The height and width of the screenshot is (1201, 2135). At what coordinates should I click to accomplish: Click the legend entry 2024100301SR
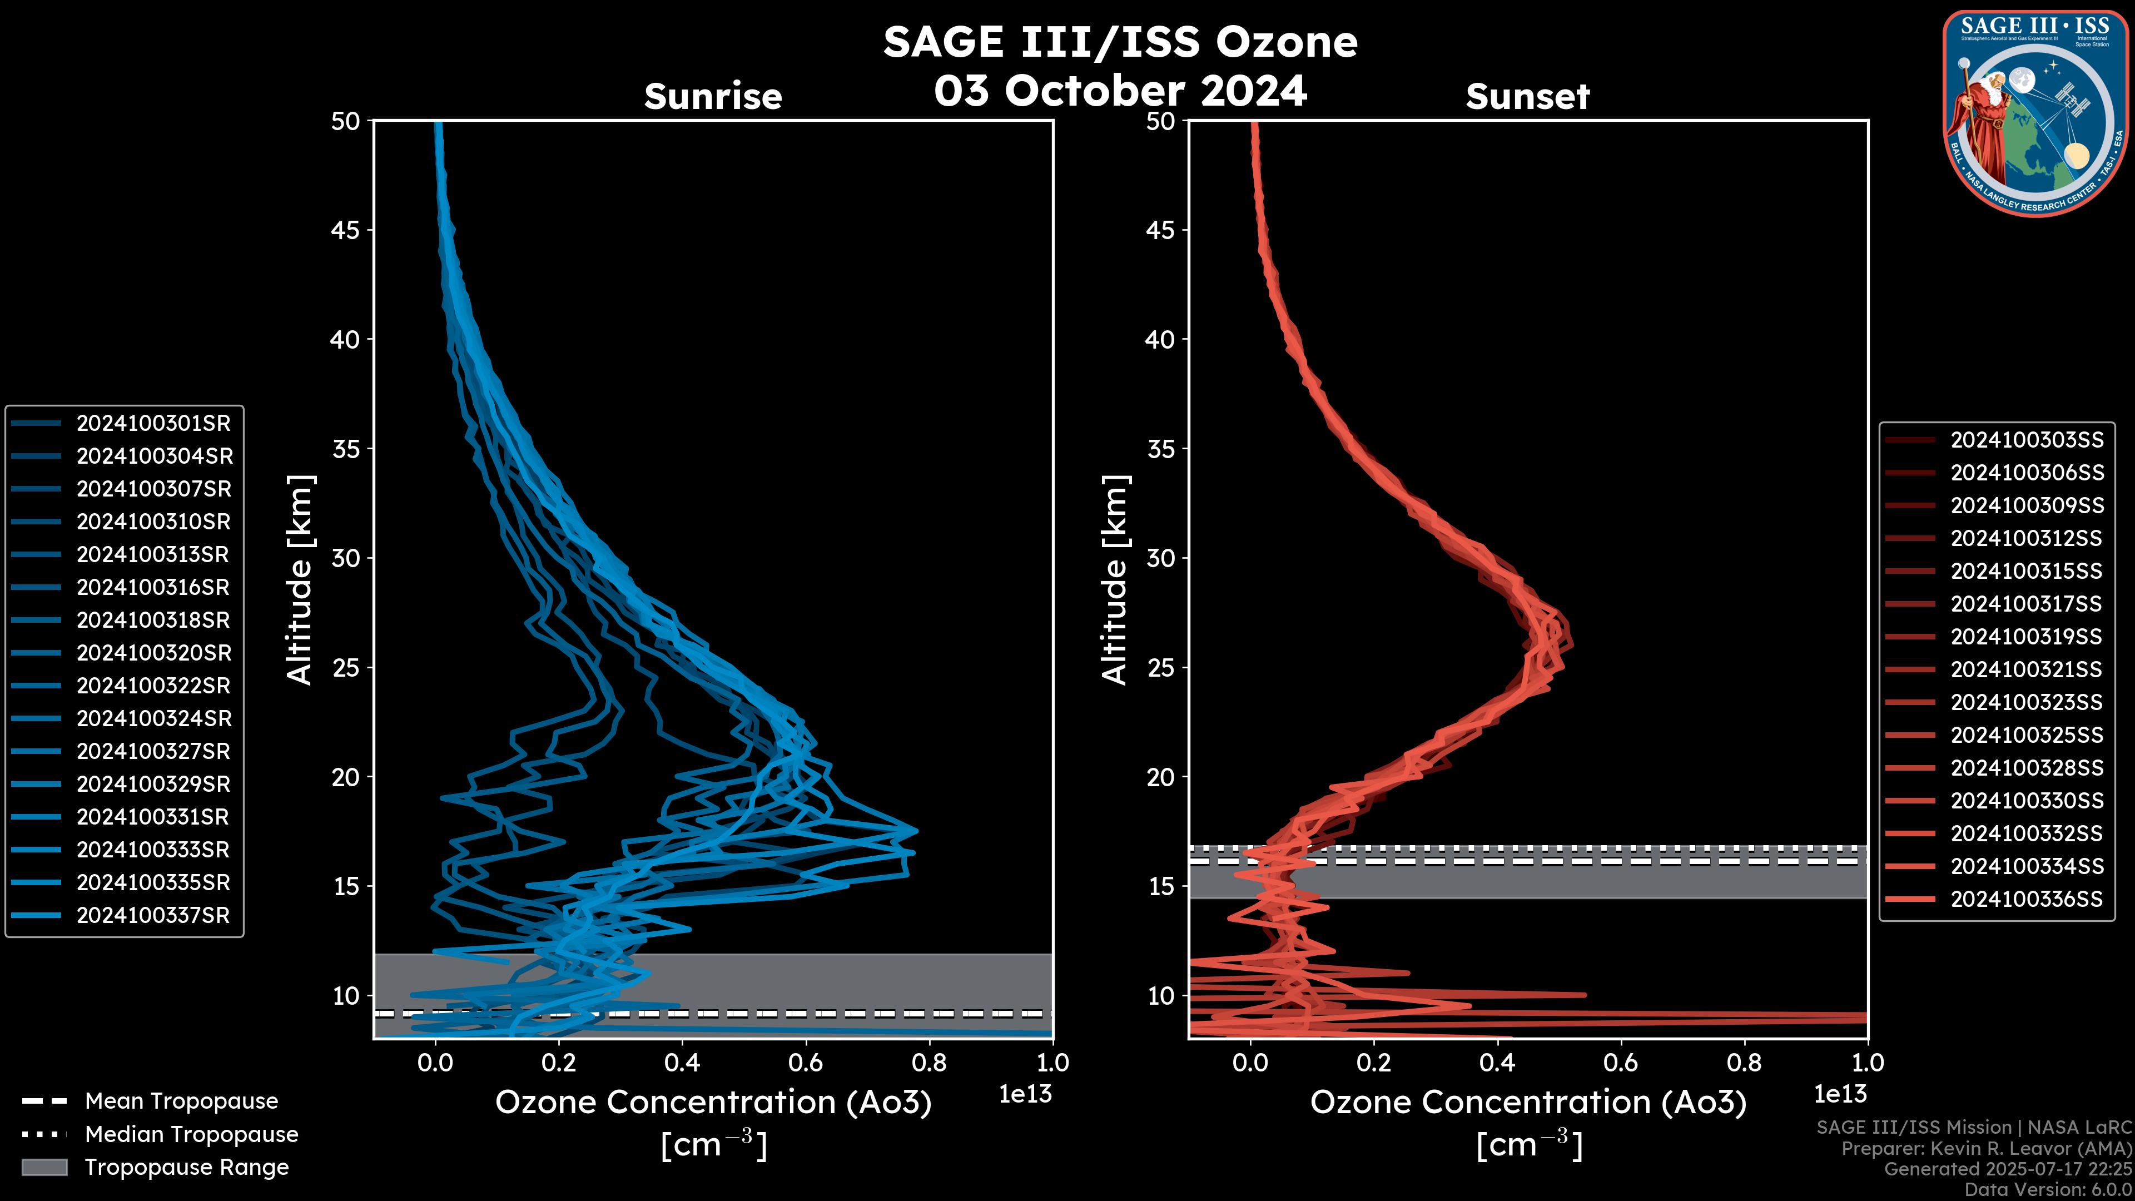[153, 424]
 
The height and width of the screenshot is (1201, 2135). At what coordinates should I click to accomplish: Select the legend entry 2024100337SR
[153, 916]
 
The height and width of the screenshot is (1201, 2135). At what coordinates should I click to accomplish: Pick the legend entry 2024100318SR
[153, 620]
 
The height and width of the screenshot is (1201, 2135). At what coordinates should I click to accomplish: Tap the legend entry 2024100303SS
[2027, 440]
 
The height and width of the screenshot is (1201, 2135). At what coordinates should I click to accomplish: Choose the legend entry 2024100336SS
[2027, 899]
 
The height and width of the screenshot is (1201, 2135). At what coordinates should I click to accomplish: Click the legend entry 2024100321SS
[2027, 669]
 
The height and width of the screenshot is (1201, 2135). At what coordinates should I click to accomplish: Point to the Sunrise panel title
[713, 97]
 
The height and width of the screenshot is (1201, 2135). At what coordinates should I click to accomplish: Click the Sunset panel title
[1527, 97]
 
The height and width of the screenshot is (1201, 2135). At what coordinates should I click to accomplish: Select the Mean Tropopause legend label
[181, 1101]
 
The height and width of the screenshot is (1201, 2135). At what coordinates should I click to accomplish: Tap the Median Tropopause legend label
[191, 1135]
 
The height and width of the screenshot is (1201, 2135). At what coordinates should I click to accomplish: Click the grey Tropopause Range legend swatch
[44, 1168]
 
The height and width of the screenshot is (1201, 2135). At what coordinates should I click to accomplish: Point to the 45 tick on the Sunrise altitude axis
[346, 230]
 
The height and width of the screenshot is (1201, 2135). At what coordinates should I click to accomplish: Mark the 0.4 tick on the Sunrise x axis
[682, 1063]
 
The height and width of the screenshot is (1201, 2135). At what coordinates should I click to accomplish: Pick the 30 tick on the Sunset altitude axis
[1160, 559]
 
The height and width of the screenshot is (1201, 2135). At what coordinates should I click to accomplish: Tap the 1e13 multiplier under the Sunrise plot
[1025, 1095]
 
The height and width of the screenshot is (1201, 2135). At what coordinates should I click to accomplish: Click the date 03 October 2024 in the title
[1120, 91]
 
